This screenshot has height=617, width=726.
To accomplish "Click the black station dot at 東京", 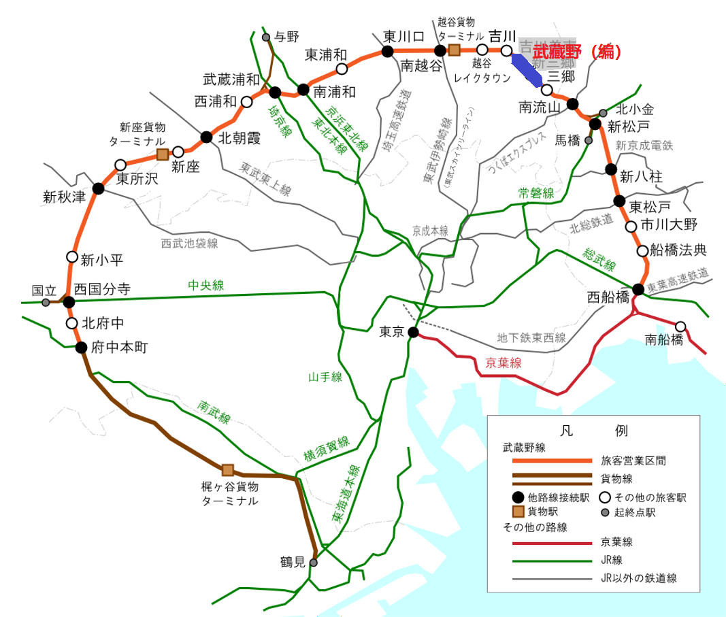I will (413, 332).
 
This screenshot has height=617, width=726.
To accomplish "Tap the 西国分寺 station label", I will (102, 289).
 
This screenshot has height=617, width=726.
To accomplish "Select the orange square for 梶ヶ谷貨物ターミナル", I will (228, 469).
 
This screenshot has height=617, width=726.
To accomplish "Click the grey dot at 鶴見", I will (314, 563).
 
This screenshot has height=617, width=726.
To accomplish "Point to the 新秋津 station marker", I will (98, 188).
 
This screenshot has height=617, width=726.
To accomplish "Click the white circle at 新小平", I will (72, 256).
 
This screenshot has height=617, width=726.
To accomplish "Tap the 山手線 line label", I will (325, 377).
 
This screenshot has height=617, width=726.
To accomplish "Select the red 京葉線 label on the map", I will (504, 364).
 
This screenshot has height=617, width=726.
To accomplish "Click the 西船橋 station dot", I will (638, 289).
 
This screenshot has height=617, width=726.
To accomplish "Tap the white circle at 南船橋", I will (680, 326).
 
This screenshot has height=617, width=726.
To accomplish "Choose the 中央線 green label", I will (206, 286).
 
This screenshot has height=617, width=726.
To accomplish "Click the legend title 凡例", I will (593, 431).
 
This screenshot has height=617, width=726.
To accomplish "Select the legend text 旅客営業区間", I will (633, 461).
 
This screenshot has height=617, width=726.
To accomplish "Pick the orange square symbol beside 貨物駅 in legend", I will (518, 512).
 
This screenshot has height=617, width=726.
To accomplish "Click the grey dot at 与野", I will (266, 37).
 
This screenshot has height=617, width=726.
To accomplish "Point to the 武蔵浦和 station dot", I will (276, 93).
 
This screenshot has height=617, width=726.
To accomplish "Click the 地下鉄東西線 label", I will (531, 337).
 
